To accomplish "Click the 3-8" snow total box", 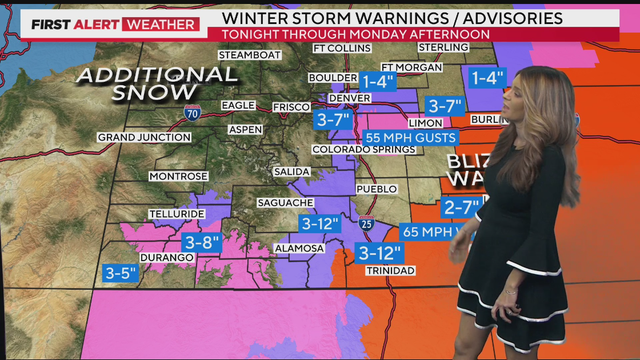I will pyautogui.click(x=203, y=242).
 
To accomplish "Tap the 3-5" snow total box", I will pyautogui.click(x=123, y=271).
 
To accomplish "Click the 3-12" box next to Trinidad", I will pyautogui.click(x=380, y=251).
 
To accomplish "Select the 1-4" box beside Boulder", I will pyautogui.click(x=379, y=82).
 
